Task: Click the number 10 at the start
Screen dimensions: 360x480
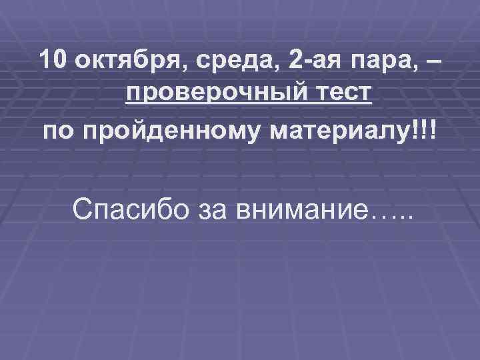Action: point(53,61)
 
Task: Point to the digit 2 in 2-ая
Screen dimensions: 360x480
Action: point(295,61)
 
